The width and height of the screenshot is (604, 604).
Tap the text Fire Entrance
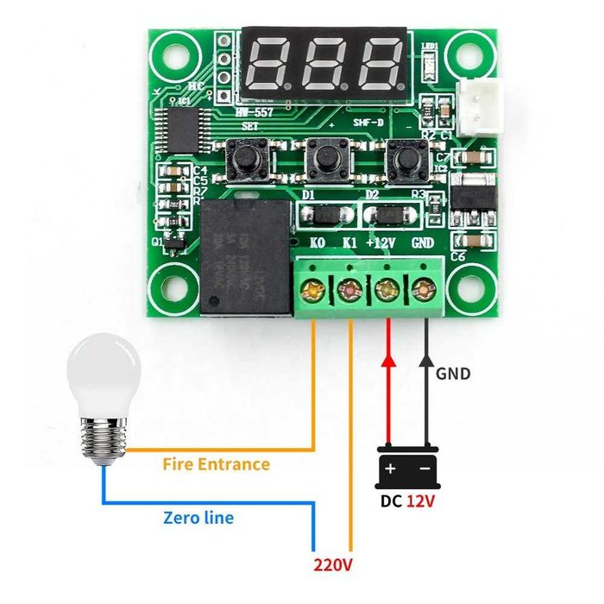coord(216,464)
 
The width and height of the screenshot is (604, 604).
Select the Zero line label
coord(198,518)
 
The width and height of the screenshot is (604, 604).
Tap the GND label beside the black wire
coord(453,374)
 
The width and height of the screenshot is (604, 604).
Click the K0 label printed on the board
coord(318,242)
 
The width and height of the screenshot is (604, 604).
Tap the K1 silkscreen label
coord(349,242)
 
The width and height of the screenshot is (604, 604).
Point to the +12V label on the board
coord(381,242)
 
